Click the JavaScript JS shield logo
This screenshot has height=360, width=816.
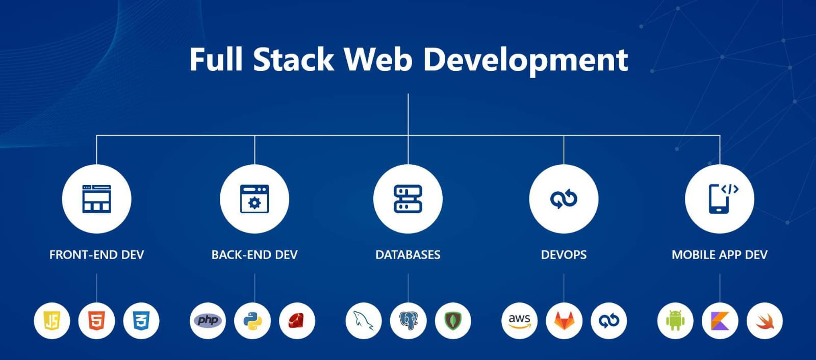click(x=52, y=321)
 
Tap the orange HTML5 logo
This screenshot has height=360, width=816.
click(x=96, y=321)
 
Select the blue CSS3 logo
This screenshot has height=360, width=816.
click(x=141, y=321)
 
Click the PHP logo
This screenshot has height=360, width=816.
click(x=208, y=321)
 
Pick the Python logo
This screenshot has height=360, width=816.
click(x=252, y=321)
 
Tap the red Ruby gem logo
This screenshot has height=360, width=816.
click(x=297, y=321)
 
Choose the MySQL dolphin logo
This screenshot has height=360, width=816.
click(x=364, y=321)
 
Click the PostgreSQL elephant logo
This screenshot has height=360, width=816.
click(x=408, y=321)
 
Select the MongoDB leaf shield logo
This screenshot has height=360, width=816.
click(x=453, y=321)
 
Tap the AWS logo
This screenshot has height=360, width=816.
click(x=520, y=321)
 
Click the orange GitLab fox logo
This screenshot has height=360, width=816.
click(x=564, y=321)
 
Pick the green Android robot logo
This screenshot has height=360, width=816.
click(x=675, y=321)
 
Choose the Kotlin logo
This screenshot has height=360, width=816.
click(x=720, y=321)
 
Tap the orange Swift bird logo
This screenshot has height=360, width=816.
click(x=764, y=321)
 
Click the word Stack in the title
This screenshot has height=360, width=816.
click(x=293, y=59)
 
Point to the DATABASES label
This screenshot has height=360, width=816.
click(x=408, y=254)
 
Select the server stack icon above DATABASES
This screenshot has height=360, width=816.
click(x=408, y=199)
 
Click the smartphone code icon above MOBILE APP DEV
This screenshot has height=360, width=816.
click(x=723, y=198)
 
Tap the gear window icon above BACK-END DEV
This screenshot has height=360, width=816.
click(x=254, y=199)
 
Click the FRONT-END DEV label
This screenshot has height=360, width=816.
click(x=96, y=254)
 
